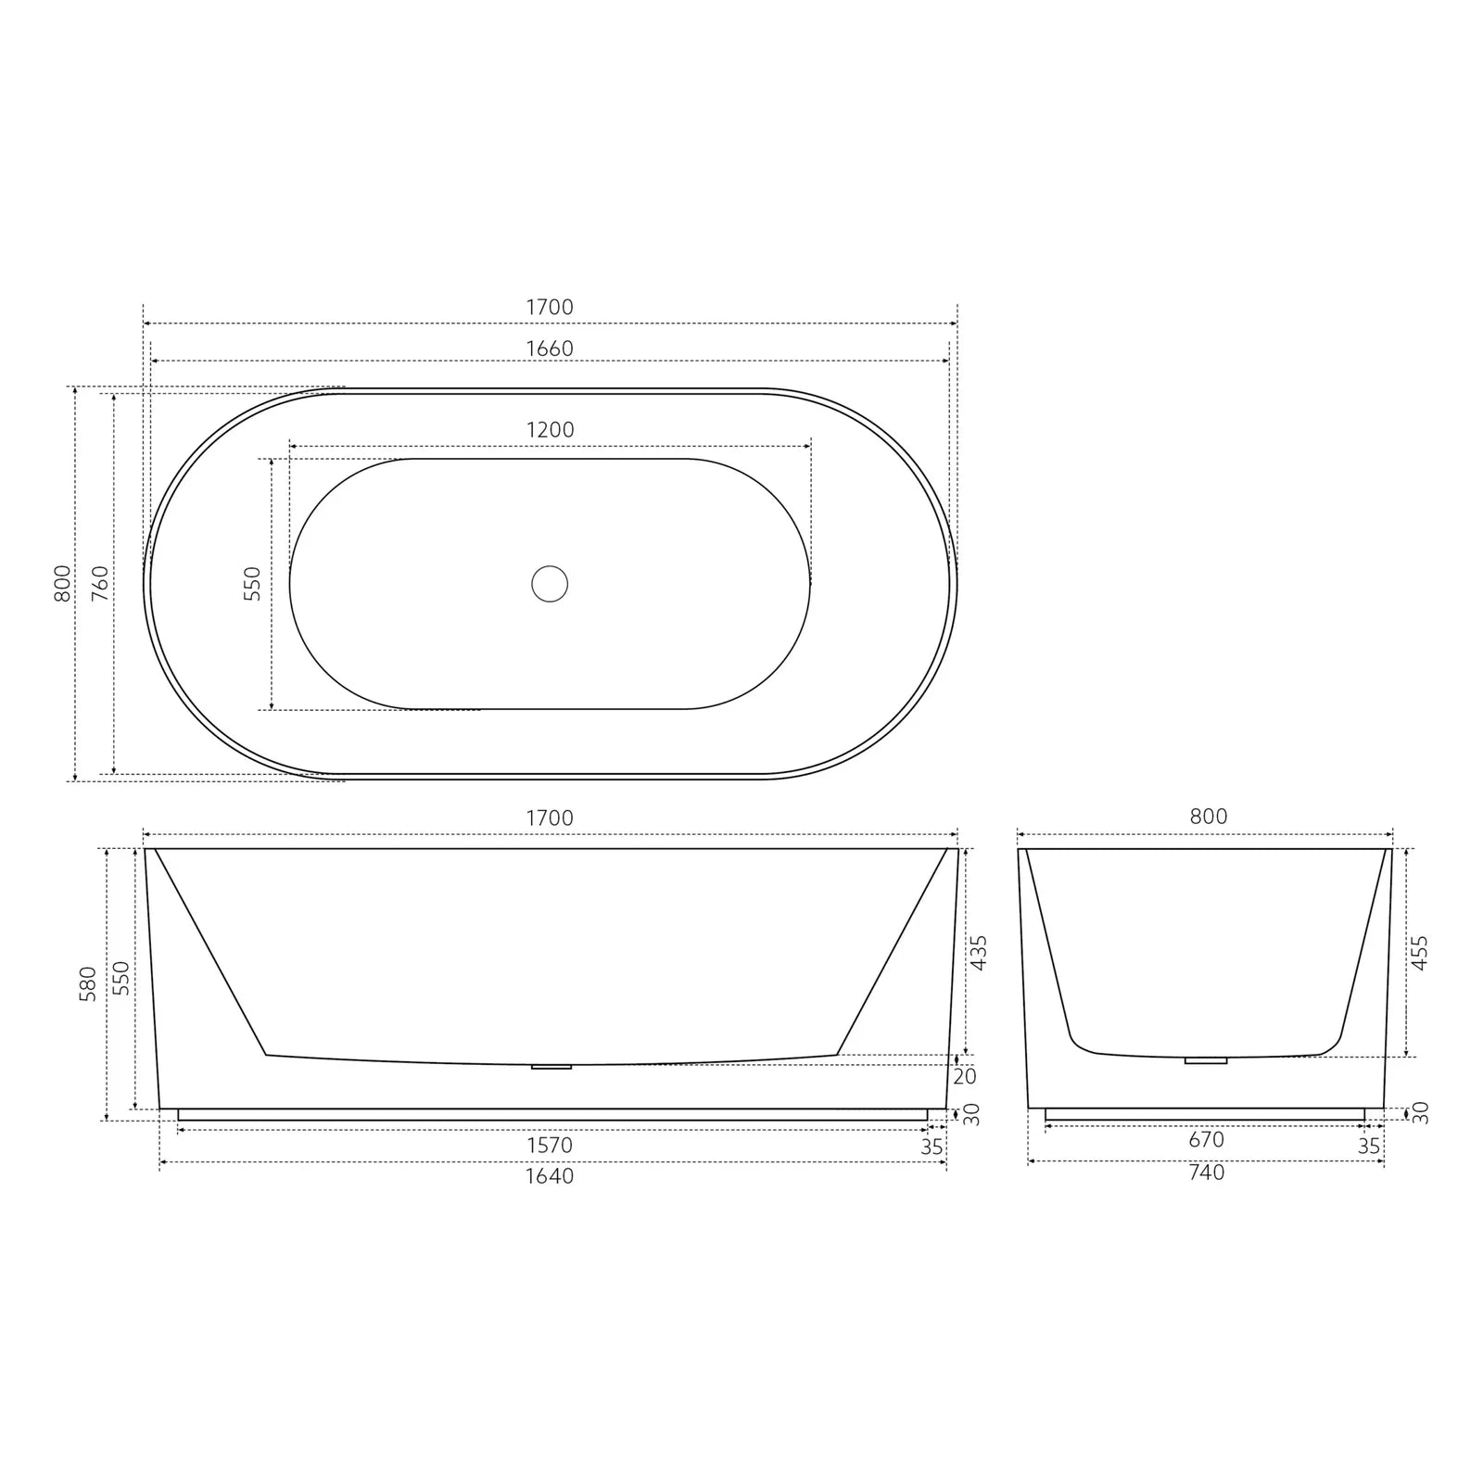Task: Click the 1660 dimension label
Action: point(550,349)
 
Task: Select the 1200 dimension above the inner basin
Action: point(550,430)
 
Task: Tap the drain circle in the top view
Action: point(550,584)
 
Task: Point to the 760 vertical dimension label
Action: point(100,583)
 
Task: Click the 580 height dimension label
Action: point(88,984)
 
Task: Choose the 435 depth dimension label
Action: point(978,953)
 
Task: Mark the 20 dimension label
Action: point(965,1077)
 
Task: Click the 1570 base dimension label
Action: point(550,1146)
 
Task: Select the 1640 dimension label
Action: point(550,1176)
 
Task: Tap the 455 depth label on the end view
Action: point(1419,953)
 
